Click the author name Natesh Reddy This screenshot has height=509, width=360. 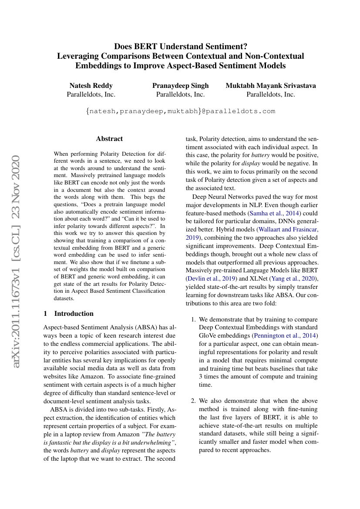(x=91, y=85)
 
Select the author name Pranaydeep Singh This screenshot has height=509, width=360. (x=180, y=85)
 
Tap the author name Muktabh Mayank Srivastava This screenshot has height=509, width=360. (x=271, y=85)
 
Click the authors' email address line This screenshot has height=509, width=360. (x=180, y=111)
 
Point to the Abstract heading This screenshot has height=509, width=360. (x=109, y=139)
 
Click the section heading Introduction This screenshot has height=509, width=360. (x=74, y=313)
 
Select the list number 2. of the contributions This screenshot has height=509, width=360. (x=194, y=401)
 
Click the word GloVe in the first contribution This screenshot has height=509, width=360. (x=208, y=335)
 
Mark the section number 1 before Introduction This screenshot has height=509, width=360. (x=46, y=313)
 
